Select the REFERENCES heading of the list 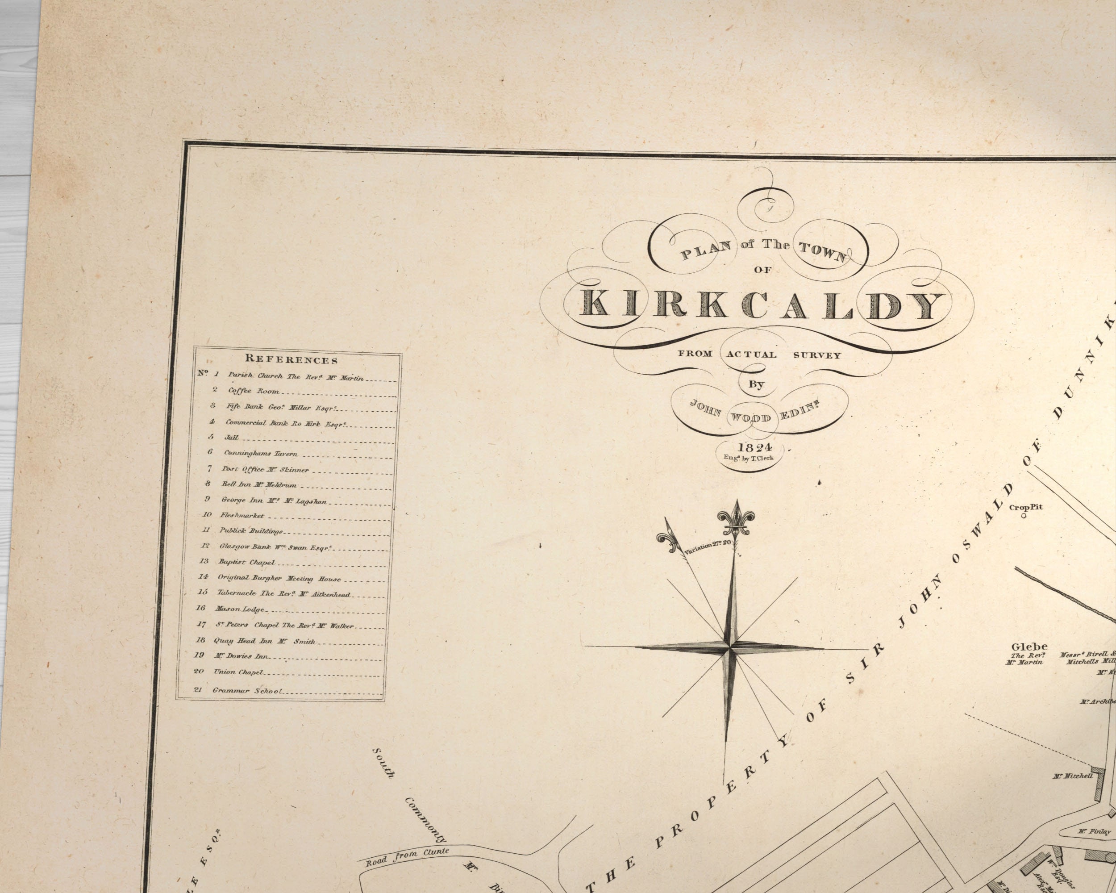(291, 359)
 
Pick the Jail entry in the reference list (231, 438)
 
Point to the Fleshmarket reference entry (242, 516)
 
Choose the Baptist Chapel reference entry (246, 562)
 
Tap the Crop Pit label (1025, 507)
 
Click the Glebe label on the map (1029, 647)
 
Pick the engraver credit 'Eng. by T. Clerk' (749, 458)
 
